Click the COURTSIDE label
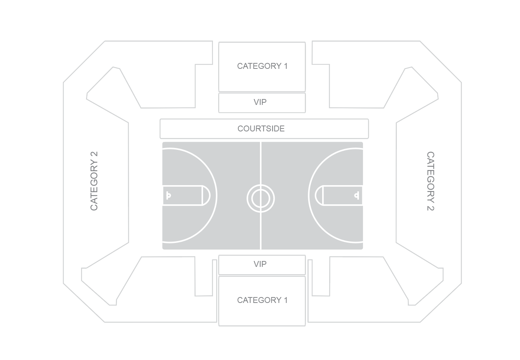tap(261, 129)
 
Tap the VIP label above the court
tap(260, 102)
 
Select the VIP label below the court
tap(260, 264)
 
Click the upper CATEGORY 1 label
tap(262, 66)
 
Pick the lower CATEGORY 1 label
tap(262, 300)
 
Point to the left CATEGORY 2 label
tap(94, 181)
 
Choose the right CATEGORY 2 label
tap(430, 181)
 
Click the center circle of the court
tap(261, 199)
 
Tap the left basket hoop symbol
tap(168, 195)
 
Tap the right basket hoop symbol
tap(356, 195)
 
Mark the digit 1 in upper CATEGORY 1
tap(285, 66)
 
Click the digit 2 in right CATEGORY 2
tap(430, 207)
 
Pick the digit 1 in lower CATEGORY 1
tap(285, 300)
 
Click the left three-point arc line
tap(216, 195)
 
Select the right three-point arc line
tap(309, 195)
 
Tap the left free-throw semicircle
tap(209, 195)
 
